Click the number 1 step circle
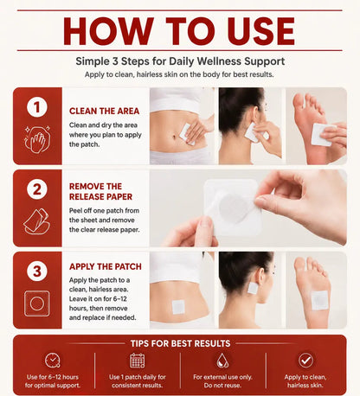[x=37, y=107]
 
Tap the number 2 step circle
[x=37, y=189]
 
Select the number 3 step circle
[x=37, y=271]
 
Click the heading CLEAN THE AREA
[x=104, y=111]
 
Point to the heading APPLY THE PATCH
[x=106, y=266]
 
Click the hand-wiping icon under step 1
[x=37, y=139]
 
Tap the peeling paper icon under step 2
[x=36, y=221]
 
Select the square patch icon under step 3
[x=37, y=303]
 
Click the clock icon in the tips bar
[x=53, y=361]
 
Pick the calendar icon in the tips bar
[x=138, y=361]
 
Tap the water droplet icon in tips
[x=222, y=361]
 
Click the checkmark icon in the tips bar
[x=305, y=361]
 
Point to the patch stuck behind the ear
[x=253, y=288]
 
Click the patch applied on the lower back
[x=178, y=307]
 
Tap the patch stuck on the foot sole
[x=319, y=300]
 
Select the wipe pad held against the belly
[x=186, y=134]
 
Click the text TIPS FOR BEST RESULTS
[x=180, y=343]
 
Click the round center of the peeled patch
[x=233, y=208]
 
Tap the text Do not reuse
[x=222, y=386]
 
